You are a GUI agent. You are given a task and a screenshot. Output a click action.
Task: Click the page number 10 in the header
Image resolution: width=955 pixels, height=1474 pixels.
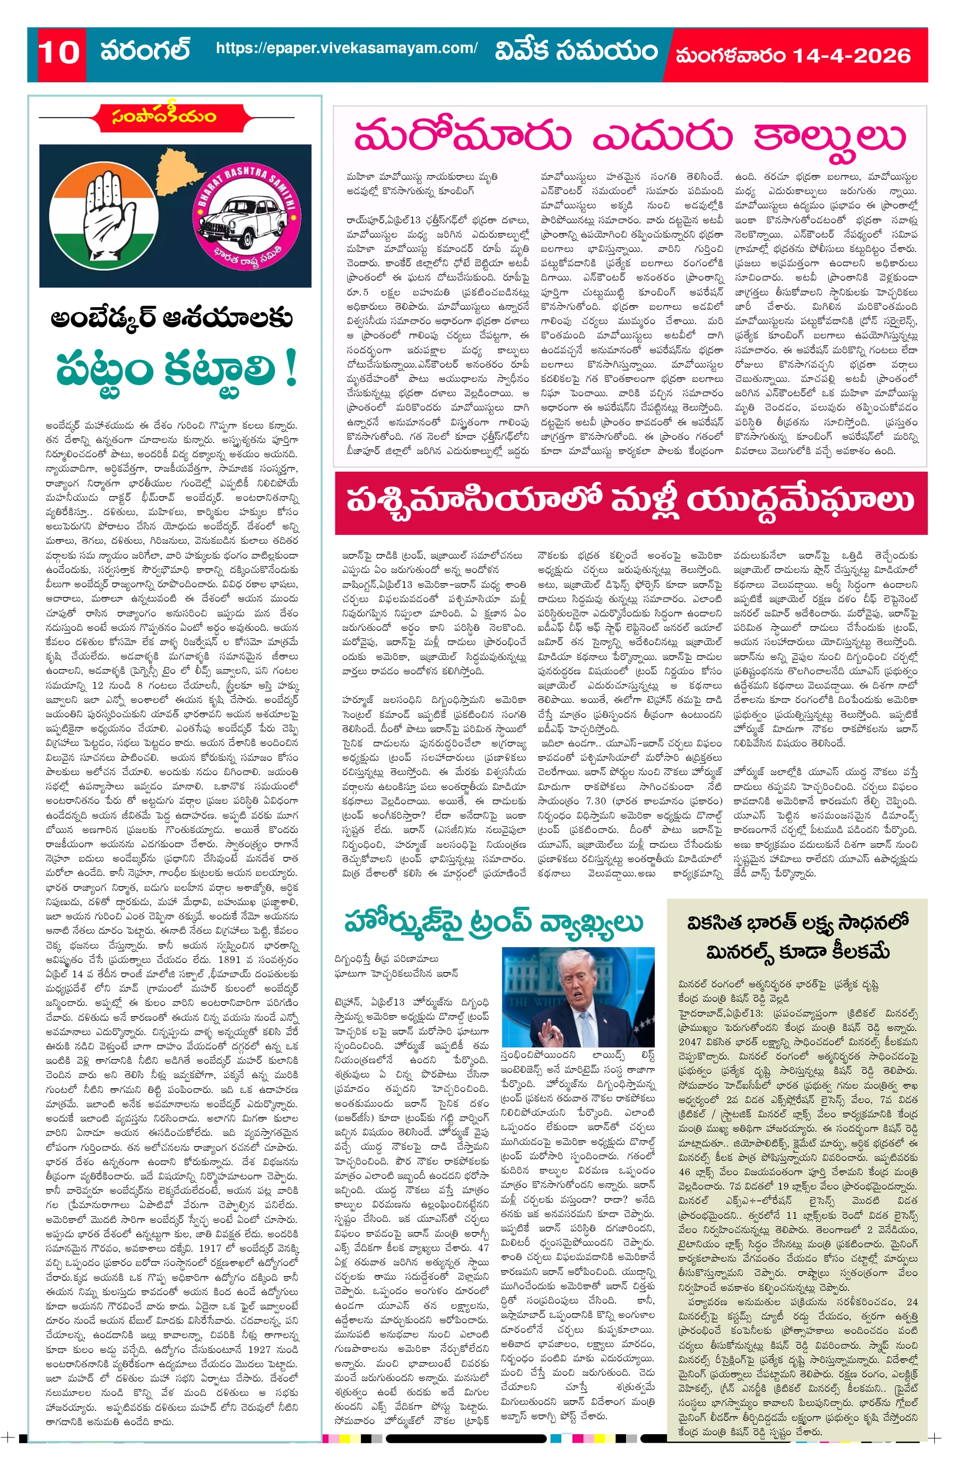click(59, 53)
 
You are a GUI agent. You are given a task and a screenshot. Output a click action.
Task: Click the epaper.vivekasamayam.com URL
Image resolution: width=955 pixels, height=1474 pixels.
click(347, 48)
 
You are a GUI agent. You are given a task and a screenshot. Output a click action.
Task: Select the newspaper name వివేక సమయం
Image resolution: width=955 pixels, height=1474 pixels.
click(576, 51)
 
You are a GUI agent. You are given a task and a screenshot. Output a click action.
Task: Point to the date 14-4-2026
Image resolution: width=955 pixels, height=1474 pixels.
click(852, 56)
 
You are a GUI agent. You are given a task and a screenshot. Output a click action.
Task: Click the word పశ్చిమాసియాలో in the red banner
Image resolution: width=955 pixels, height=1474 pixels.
click(474, 500)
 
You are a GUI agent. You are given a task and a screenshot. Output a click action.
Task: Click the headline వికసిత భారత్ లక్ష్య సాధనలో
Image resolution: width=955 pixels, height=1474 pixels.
click(797, 922)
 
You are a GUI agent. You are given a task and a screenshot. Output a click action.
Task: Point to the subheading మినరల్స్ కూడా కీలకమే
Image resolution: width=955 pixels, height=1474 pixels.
click(797, 951)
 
